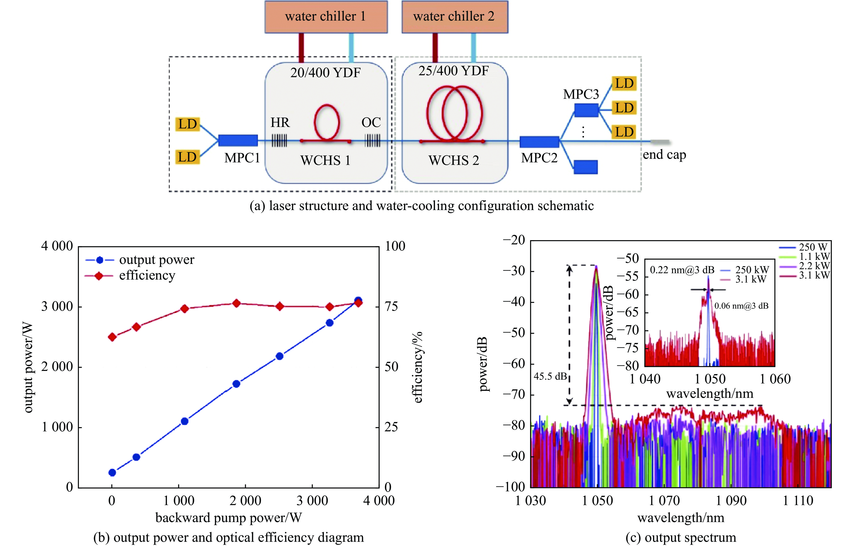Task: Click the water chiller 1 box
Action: click(326, 17)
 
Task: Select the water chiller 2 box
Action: click(455, 17)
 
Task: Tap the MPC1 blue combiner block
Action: click(238, 140)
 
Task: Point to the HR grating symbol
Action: click(279, 140)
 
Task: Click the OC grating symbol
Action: click(373, 140)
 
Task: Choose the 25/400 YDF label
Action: click(454, 71)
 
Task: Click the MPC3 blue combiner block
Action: click(586, 110)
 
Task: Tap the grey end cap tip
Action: click(660, 142)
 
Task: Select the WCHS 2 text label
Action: click(454, 161)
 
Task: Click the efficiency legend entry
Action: click(147, 276)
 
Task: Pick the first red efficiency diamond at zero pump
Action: click(112, 337)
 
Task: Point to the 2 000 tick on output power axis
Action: click(57, 367)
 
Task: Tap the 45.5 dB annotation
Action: click(550, 376)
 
